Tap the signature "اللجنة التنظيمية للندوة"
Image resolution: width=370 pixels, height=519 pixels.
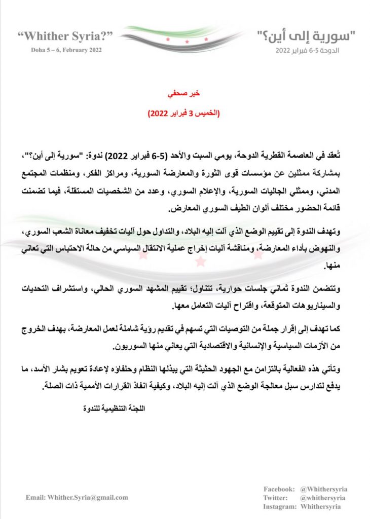111,406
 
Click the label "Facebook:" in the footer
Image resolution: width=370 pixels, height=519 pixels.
279,489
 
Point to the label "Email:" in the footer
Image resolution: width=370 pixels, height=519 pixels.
35,497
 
